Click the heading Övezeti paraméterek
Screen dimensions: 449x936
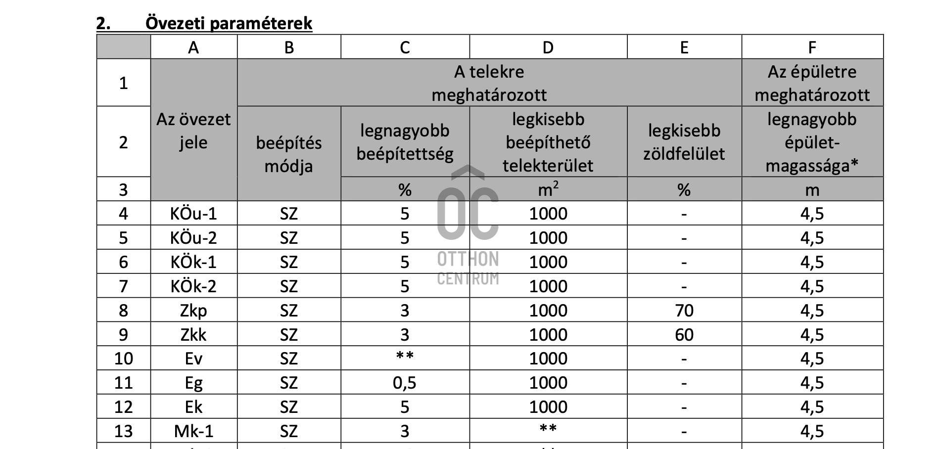tap(229, 23)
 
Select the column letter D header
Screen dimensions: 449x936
tap(548, 47)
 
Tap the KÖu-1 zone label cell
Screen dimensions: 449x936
tap(193, 214)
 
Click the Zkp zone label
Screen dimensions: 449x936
tap(193, 311)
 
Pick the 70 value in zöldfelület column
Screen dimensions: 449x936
tap(684, 311)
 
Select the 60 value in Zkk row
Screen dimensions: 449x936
tap(684, 335)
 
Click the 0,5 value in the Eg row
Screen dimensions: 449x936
tap(404, 383)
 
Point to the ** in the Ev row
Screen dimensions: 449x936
tap(404, 357)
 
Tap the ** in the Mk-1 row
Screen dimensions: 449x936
tap(548, 429)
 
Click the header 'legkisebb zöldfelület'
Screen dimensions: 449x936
tap(684, 142)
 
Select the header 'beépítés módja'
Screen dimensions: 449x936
tap(288, 154)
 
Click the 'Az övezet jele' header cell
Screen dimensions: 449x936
tap(193, 131)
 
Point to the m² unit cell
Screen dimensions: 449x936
tap(548, 189)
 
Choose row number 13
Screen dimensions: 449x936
tap(123, 431)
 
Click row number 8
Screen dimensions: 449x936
tap(123, 311)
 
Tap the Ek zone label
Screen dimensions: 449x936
tap(193, 407)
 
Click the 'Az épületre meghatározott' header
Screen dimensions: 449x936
tap(812, 83)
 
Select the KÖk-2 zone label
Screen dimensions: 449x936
tap(193, 286)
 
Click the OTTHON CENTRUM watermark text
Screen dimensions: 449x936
tap(468, 268)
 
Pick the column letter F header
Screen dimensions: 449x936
tap(812, 47)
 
